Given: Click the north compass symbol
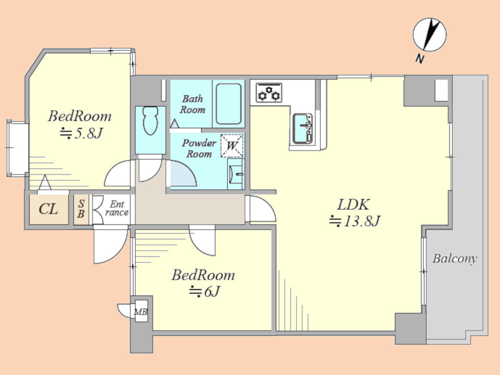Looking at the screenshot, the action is pyautogui.click(x=430, y=35).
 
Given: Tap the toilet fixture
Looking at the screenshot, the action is pyautogui.click(x=151, y=121).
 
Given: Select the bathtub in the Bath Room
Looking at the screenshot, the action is pyautogui.click(x=228, y=104).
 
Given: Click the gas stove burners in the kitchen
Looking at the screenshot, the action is pyautogui.click(x=269, y=93).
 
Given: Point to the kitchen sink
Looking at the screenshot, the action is pyautogui.click(x=302, y=128).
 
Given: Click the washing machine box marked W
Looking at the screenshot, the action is pyautogui.click(x=232, y=146).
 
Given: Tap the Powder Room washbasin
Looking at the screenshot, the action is pyautogui.click(x=236, y=174).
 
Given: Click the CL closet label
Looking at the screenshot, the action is pyautogui.click(x=48, y=209).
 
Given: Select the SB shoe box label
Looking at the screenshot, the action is pyautogui.click(x=81, y=209).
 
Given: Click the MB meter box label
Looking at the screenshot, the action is pyautogui.click(x=140, y=311).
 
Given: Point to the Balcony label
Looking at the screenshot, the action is pyautogui.click(x=455, y=259).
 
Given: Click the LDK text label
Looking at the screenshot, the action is pyautogui.click(x=353, y=205).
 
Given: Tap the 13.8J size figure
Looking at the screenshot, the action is pyautogui.click(x=355, y=221).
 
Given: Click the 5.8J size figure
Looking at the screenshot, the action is pyautogui.click(x=81, y=133).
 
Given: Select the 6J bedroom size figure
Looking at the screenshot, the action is pyautogui.click(x=205, y=291).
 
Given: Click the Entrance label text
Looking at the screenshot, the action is pyautogui.click(x=116, y=208).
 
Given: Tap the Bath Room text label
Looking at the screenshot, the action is pyautogui.click(x=192, y=105).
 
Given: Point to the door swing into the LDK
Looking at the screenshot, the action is pyautogui.click(x=262, y=209).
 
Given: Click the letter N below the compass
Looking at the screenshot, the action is pyautogui.click(x=420, y=59).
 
